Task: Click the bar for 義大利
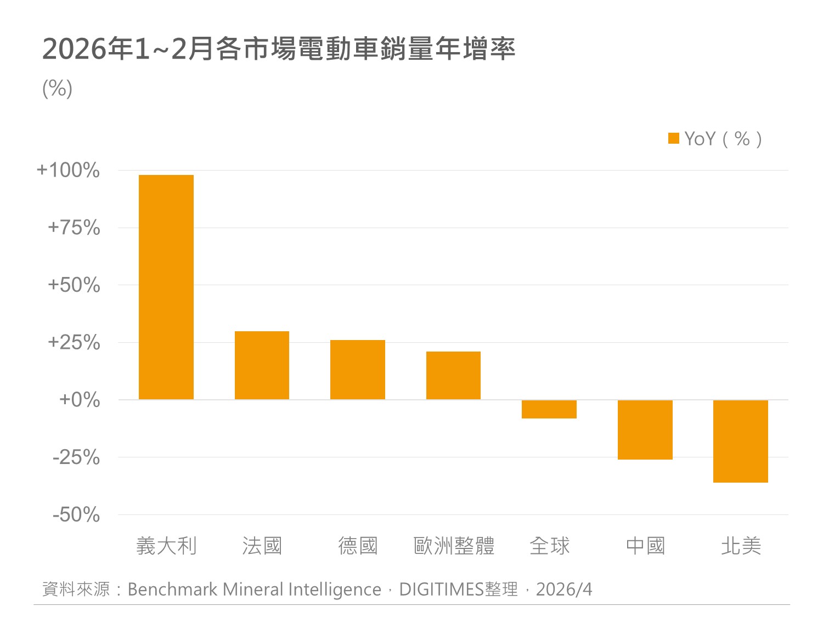[166, 287]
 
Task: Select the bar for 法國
[262, 365]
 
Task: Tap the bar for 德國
[357, 370]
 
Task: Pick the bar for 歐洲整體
[453, 375]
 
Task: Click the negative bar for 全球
[549, 409]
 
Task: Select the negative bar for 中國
[645, 429]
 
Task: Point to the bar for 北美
[740, 441]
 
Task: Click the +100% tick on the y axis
[68, 170]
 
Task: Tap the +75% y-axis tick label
[74, 228]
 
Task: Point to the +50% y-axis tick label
[74, 285]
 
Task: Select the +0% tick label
[80, 400]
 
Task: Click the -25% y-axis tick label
[76, 457]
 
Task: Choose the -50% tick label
[76, 514]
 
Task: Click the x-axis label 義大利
[166, 546]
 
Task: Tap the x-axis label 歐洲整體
[454, 546]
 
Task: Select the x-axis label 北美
[741, 546]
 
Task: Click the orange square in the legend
[673, 138]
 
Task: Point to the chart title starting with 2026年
[279, 49]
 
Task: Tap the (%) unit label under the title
[57, 88]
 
